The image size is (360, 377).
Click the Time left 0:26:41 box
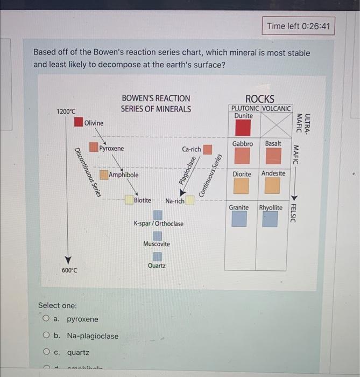[x=299, y=25]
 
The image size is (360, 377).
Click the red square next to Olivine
[x=79, y=122]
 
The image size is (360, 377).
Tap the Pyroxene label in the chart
[x=111, y=148]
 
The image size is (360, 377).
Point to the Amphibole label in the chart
[x=124, y=175]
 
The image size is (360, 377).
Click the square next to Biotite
[x=129, y=200]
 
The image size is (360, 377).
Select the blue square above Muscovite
[x=158, y=235]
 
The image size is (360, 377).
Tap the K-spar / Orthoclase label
[x=158, y=224]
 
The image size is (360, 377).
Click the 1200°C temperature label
[x=66, y=111]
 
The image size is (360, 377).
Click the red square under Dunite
[x=243, y=128]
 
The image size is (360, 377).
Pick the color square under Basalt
[x=274, y=156]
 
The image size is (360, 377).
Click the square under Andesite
[x=273, y=186]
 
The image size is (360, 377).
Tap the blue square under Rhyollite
[x=270, y=219]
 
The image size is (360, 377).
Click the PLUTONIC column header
[x=245, y=108]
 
